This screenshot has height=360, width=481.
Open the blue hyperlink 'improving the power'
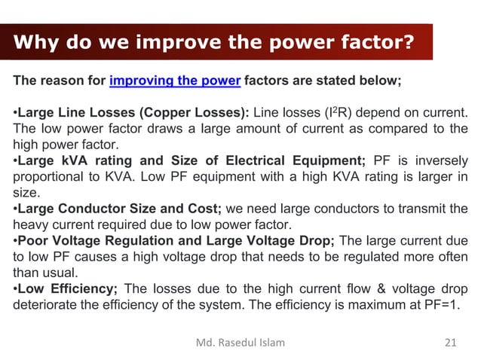(175, 82)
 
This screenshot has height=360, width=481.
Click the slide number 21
(451, 343)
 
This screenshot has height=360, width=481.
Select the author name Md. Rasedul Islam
(240, 343)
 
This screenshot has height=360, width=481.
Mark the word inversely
(441, 160)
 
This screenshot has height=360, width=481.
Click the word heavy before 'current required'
(29, 224)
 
